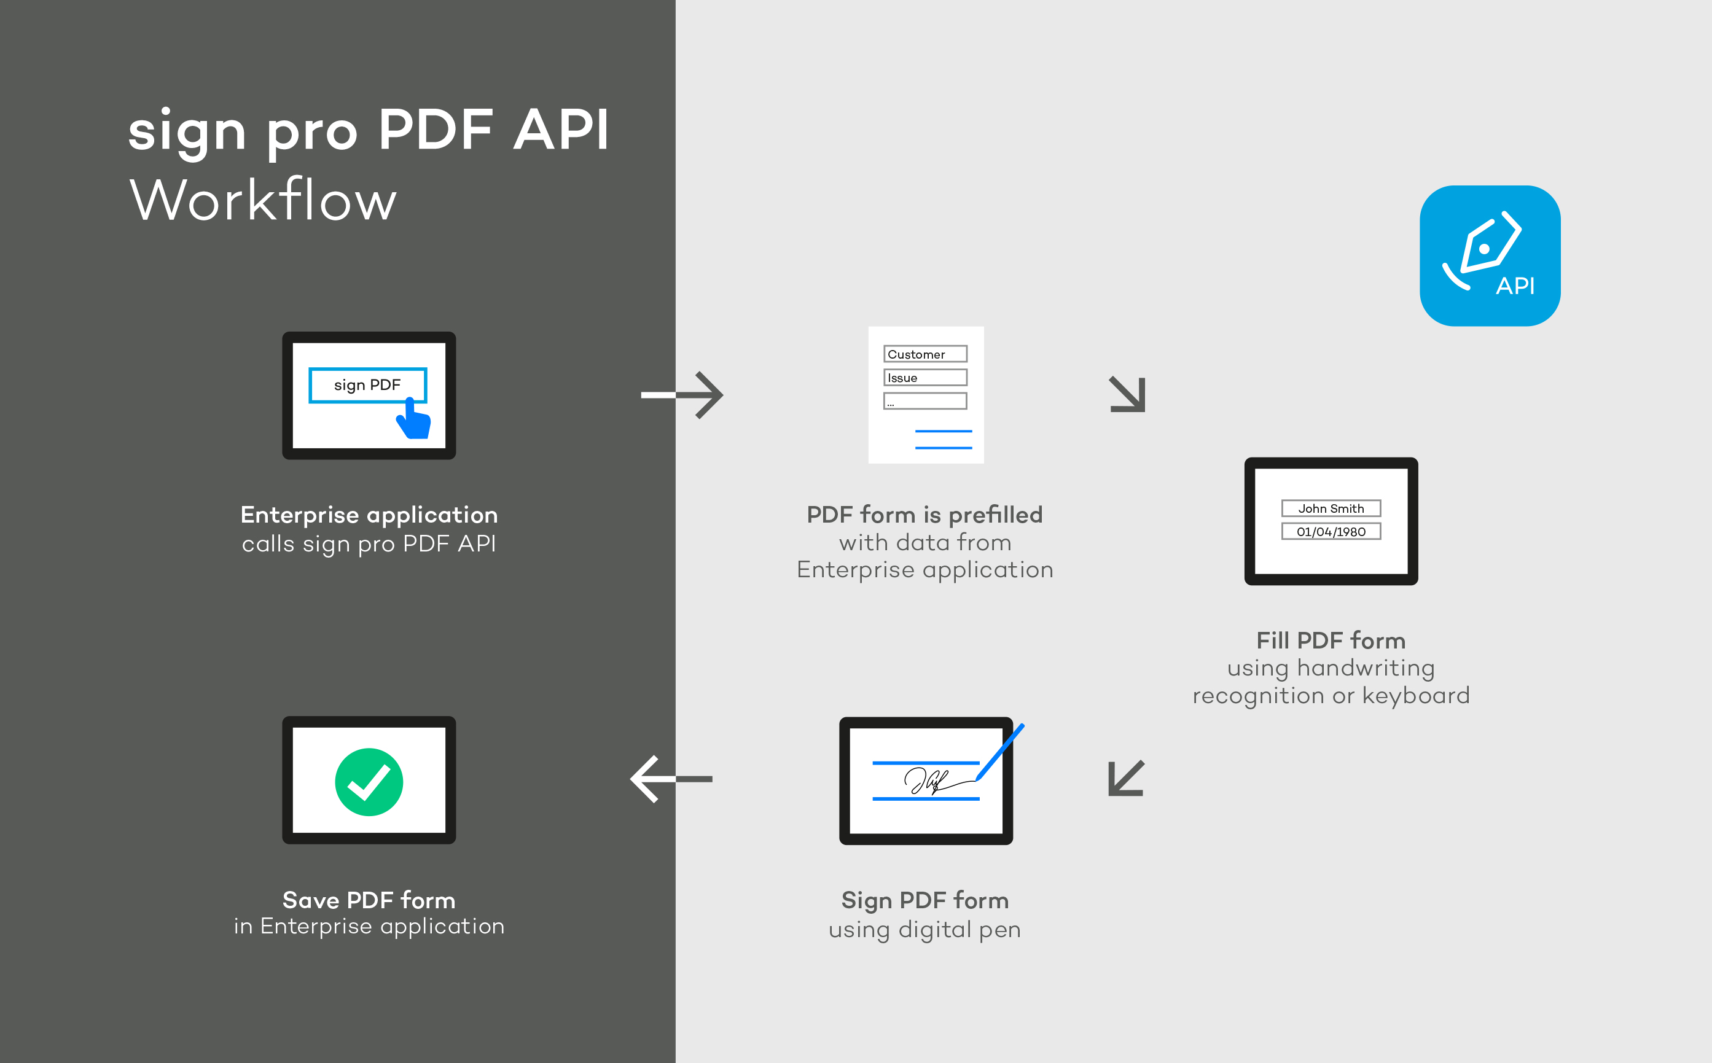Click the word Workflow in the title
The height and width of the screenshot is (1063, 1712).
[263, 200]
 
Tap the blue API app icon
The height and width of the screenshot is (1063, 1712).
[1489, 256]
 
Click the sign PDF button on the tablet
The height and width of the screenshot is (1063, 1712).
[367, 385]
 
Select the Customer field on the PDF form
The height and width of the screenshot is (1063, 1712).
[924, 354]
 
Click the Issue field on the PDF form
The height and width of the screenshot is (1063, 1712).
[924, 378]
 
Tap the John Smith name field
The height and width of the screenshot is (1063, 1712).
[1331, 508]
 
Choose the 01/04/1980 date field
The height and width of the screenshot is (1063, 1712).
[1331, 532]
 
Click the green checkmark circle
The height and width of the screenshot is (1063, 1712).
[369, 782]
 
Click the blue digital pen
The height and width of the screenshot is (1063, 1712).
[1000, 752]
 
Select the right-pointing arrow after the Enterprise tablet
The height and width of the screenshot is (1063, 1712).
[682, 395]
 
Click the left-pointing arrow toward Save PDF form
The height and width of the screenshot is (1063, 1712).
[671, 779]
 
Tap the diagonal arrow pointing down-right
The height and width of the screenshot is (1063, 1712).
[1128, 394]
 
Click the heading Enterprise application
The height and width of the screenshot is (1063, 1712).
[369, 515]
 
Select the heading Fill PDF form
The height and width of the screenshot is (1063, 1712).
[1331, 641]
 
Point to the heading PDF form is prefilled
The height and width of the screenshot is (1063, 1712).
[924, 515]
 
